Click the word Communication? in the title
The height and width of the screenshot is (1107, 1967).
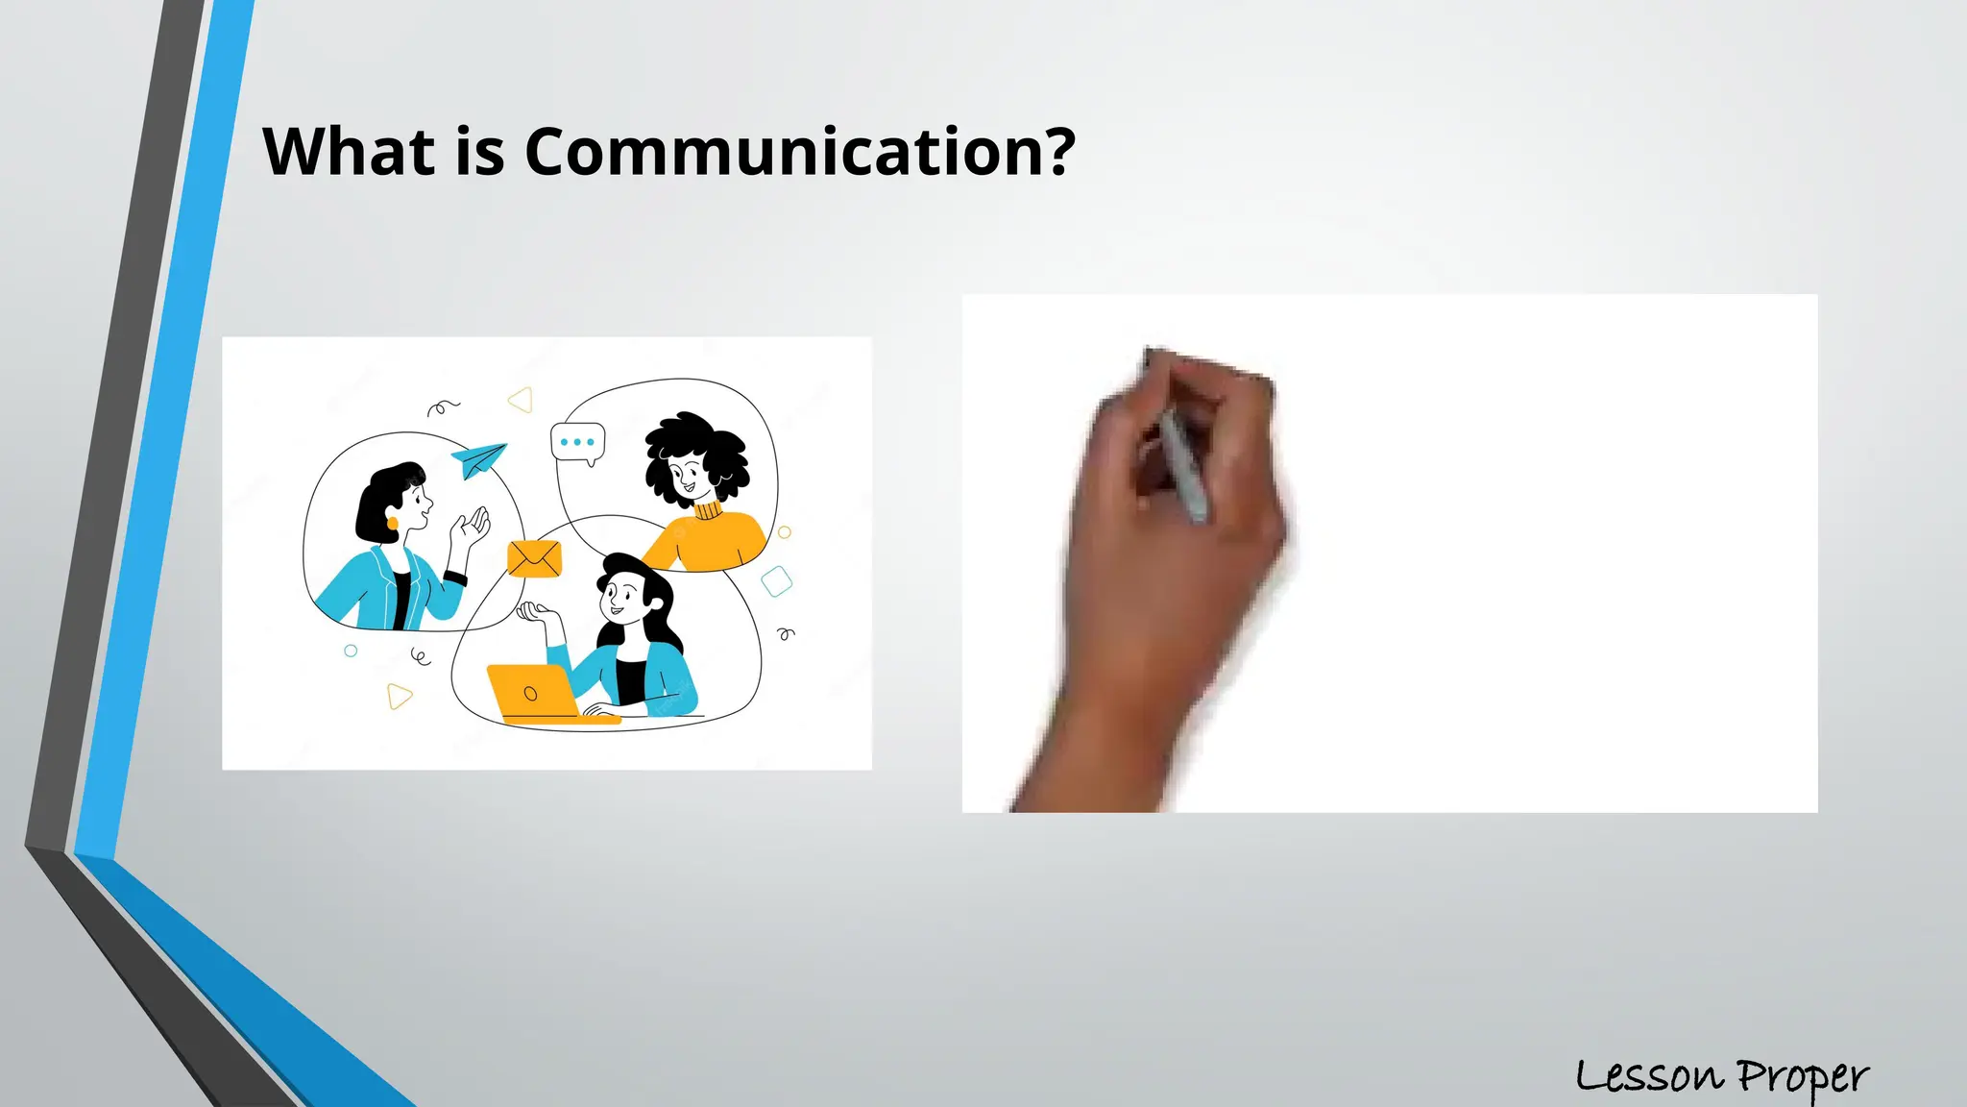799,152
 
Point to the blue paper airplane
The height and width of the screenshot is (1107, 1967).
478,459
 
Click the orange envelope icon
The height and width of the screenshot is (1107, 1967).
534,558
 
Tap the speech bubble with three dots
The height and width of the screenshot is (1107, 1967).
577,443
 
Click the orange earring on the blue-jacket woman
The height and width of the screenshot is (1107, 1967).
392,523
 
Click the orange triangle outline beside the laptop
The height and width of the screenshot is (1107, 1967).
399,696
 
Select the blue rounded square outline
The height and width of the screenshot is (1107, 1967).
776,581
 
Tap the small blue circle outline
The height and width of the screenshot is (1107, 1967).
351,651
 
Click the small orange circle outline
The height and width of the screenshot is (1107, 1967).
785,532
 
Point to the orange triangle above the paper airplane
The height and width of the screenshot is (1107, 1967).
522,400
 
